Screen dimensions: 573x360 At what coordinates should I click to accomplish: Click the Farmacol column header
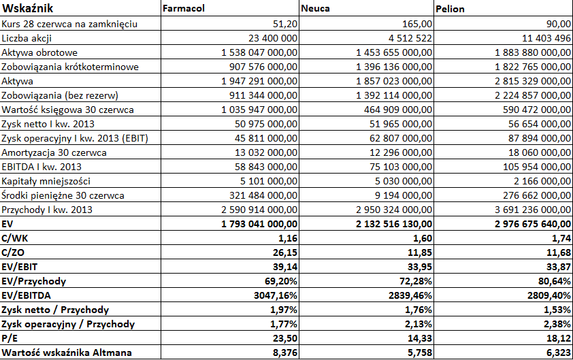point(184,8)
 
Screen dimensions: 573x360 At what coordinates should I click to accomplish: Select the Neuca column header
point(315,8)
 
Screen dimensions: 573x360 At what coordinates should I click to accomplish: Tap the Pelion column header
point(451,9)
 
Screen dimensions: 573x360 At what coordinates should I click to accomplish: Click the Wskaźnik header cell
point(28,8)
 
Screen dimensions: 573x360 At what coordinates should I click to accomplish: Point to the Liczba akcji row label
point(27,38)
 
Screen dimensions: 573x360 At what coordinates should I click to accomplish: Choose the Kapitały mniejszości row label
point(46,181)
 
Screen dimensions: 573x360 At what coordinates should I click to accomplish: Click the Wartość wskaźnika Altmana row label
point(67,353)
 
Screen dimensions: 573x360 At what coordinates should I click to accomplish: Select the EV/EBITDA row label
point(27,295)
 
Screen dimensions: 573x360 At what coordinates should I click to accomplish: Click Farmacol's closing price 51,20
point(285,24)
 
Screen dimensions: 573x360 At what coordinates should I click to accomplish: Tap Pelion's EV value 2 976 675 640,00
point(533,224)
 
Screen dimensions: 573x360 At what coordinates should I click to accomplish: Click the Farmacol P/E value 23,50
point(285,338)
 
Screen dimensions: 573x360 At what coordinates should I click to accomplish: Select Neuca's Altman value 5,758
point(420,353)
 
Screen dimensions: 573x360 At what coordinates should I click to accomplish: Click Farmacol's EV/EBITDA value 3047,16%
point(276,295)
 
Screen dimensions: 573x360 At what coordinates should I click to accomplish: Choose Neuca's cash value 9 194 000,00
point(404,195)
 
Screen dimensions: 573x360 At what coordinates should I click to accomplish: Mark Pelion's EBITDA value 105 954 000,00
point(537,167)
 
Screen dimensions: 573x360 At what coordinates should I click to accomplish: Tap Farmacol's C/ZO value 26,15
point(285,252)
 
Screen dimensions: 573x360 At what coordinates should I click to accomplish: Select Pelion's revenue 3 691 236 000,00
point(533,210)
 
